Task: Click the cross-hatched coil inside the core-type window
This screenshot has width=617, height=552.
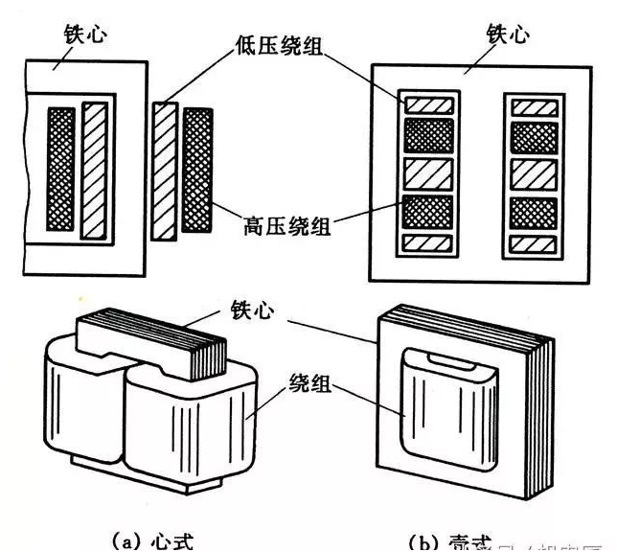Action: coord(61,172)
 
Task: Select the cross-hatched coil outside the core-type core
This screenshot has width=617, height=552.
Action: coord(197,172)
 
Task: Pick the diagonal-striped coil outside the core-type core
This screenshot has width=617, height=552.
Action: coord(165,172)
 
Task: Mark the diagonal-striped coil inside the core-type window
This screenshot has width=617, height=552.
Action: coord(94,172)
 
